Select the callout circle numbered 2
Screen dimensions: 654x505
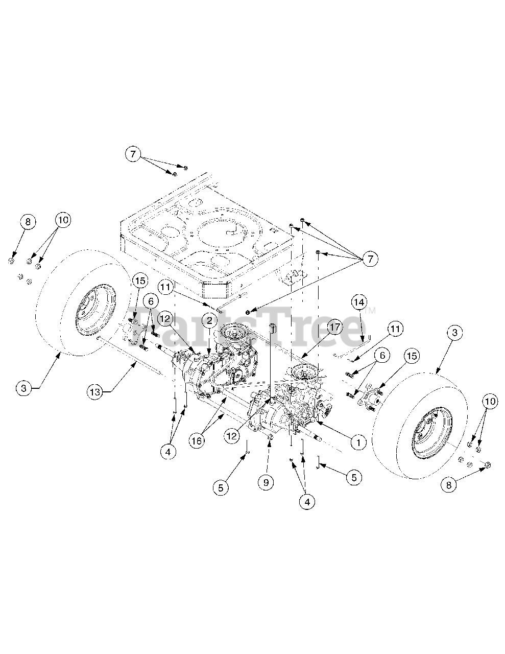(209, 321)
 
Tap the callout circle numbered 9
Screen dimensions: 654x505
(267, 482)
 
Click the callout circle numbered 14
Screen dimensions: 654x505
(359, 302)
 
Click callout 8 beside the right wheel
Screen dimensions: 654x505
(449, 485)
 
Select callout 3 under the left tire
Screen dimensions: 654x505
(24, 388)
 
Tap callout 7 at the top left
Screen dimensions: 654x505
(133, 154)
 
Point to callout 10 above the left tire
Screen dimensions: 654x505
(62, 220)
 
